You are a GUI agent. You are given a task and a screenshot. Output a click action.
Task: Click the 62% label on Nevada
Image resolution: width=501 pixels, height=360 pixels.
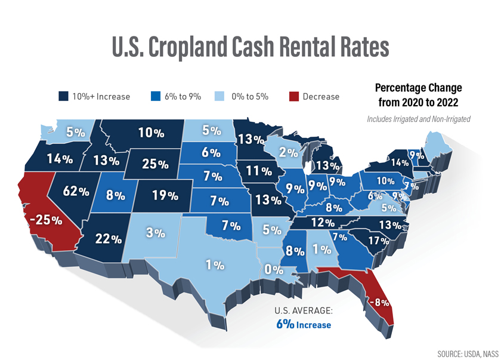(76, 192)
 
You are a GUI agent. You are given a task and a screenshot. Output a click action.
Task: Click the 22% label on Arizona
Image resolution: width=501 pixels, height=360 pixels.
(109, 239)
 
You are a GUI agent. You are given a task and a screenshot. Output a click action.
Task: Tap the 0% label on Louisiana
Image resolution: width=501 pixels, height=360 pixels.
(274, 269)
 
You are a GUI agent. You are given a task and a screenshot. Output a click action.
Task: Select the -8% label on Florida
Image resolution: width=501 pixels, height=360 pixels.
(379, 303)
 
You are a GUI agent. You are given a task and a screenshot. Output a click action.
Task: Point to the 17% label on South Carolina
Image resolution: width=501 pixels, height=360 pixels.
(379, 241)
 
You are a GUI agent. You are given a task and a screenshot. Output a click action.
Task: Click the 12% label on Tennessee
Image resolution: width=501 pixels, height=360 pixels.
(322, 222)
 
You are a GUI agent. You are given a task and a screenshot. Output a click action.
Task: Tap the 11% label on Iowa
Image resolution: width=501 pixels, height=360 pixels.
(259, 171)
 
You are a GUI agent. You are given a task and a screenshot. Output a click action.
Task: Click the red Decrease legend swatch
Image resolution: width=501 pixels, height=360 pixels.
(293, 96)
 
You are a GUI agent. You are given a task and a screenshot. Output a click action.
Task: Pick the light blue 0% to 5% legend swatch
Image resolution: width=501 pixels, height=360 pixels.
(220, 96)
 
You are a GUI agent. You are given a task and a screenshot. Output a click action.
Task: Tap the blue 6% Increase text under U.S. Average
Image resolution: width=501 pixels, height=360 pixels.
(304, 324)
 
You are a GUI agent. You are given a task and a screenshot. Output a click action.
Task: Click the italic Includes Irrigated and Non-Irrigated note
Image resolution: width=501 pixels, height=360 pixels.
(419, 119)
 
